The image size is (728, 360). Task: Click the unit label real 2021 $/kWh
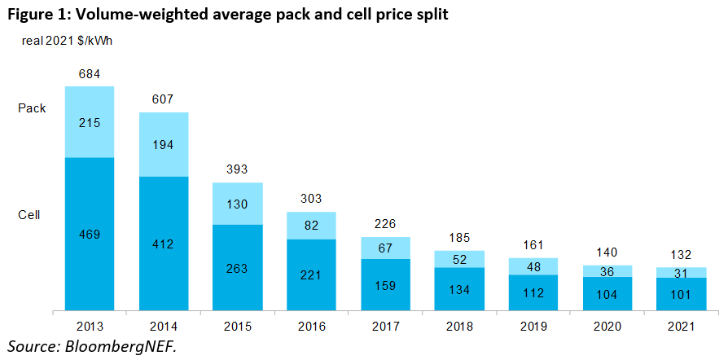pos(66,41)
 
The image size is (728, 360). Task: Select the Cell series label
pos(29,214)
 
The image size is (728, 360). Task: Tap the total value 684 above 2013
pos(90,74)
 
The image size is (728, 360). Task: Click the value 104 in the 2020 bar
pos(607,294)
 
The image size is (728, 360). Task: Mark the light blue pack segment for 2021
pos(680,273)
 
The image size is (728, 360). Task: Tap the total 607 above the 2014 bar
pos(164,99)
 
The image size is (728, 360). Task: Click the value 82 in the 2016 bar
pos(311,225)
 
